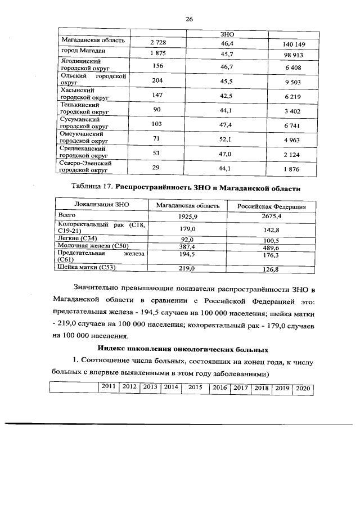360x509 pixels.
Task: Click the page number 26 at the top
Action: point(189,19)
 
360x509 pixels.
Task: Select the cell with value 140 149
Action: point(291,44)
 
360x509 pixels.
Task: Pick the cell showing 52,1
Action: point(227,139)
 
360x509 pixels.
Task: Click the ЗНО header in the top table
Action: point(227,34)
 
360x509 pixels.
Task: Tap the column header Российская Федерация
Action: point(271,206)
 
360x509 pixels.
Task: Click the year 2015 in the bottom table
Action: point(195,388)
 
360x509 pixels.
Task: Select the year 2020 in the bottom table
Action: point(303,388)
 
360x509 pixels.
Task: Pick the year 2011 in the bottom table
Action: point(109,387)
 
